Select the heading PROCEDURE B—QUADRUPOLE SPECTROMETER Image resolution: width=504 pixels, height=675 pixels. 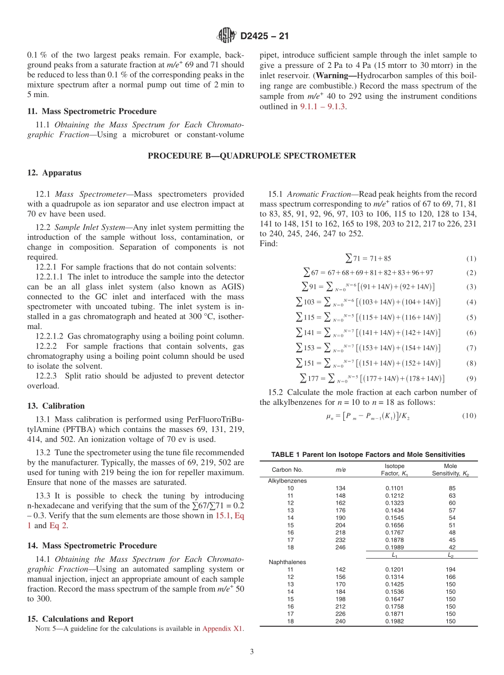click(252, 155)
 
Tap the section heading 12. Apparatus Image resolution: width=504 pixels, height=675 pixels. click(55, 172)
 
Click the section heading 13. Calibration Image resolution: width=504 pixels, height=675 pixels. click(56, 405)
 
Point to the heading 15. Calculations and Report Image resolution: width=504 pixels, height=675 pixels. click(80, 619)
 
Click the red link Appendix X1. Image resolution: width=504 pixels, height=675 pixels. click(223, 629)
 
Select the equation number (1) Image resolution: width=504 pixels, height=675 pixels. click(471, 258)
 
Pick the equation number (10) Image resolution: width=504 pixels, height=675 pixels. click(469, 416)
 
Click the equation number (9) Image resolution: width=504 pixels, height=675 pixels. click(471, 378)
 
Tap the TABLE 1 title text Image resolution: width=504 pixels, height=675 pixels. click(368, 454)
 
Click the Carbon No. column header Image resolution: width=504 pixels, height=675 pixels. click(287, 470)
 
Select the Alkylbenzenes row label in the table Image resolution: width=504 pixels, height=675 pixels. click(288, 480)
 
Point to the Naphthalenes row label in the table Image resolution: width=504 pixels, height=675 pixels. click(287, 561)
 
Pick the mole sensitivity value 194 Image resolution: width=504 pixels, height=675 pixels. click(452, 569)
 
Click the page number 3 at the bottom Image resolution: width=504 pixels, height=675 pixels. click(252, 652)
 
